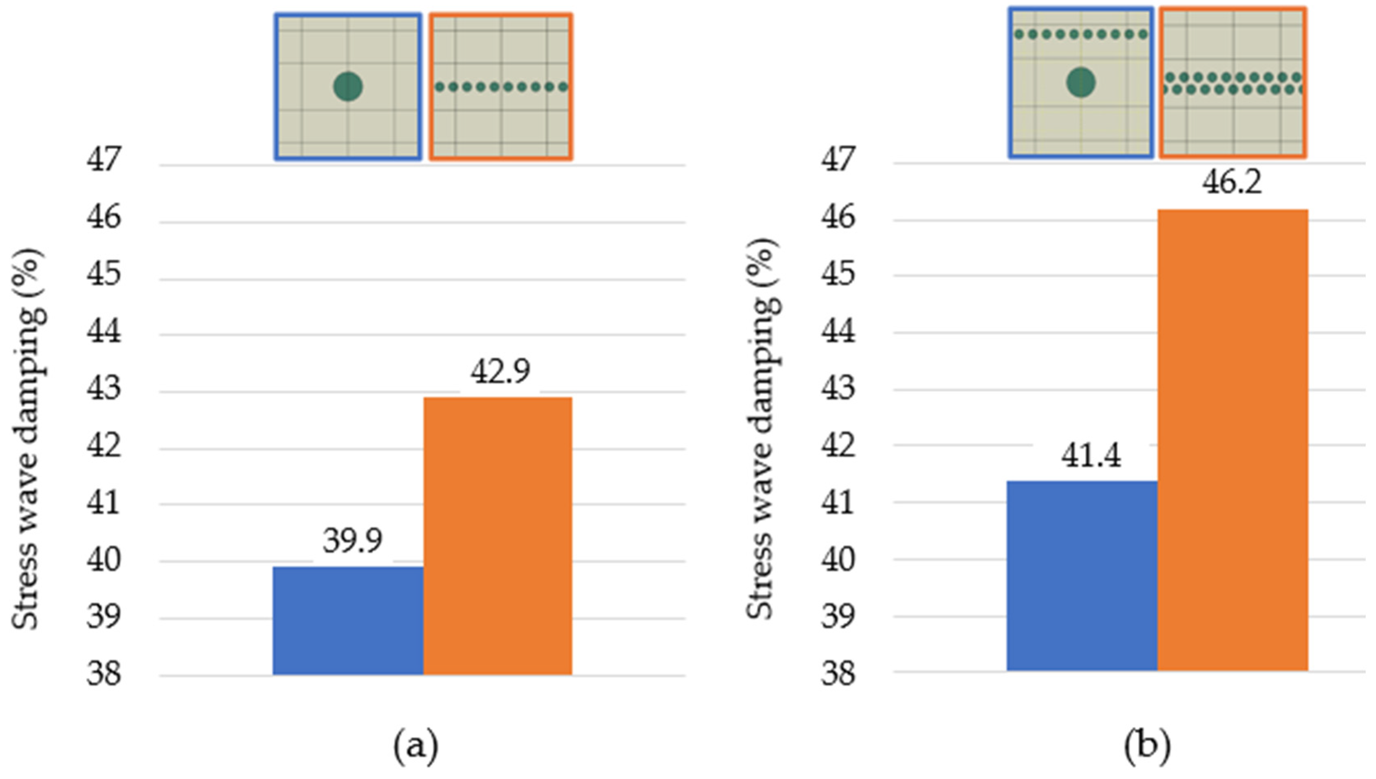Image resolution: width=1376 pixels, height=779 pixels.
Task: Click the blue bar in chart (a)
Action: coord(348,621)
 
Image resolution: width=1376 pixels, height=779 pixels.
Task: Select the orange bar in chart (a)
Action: coord(497,535)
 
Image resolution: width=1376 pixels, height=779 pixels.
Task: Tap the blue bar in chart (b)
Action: coord(1082,575)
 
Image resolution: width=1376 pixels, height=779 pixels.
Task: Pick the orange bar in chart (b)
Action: coord(1232,439)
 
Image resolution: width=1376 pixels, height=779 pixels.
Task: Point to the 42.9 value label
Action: coord(500,371)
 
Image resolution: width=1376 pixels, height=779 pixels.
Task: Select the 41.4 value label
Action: coord(1091,456)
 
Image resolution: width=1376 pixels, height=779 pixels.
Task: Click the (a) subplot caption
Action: coord(415,747)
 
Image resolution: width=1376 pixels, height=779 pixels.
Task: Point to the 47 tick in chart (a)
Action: coord(104,159)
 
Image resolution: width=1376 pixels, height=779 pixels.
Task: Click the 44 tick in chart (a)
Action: coord(104,332)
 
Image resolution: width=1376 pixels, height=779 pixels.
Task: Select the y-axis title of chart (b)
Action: coord(761,428)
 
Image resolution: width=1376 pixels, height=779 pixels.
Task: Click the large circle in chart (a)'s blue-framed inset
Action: coord(348,87)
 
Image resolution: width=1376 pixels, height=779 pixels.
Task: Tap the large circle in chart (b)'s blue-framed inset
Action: coord(1080,83)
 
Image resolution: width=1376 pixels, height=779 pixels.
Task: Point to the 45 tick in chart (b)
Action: coord(838,274)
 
